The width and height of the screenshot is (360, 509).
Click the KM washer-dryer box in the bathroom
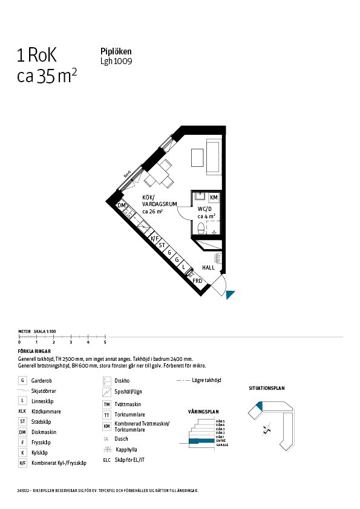(x=214, y=198)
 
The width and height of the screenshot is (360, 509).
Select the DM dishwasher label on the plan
(x=122, y=206)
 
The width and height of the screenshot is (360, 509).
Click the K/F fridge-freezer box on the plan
(x=154, y=239)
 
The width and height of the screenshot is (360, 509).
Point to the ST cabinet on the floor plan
(x=162, y=245)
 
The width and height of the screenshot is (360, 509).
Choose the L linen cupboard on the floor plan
(x=183, y=267)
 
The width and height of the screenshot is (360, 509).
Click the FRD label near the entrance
(x=197, y=280)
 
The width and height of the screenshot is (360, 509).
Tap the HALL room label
(x=208, y=267)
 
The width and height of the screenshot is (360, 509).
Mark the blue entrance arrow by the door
(x=229, y=294)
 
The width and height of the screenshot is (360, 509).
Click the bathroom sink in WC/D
(x=200, y=197)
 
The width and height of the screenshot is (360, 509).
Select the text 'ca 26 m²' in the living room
(x=153, y=212)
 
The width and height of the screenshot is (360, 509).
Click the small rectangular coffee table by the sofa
(x=197, y=158)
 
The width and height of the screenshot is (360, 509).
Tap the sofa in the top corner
(x=214, y=157)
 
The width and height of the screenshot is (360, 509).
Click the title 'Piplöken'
(x=116, y=52)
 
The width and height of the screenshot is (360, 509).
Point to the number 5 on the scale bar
(x=105, y=343)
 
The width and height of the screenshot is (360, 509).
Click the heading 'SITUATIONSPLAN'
(x=266, y=388)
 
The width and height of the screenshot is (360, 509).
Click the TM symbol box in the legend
(x=106, y=404)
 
